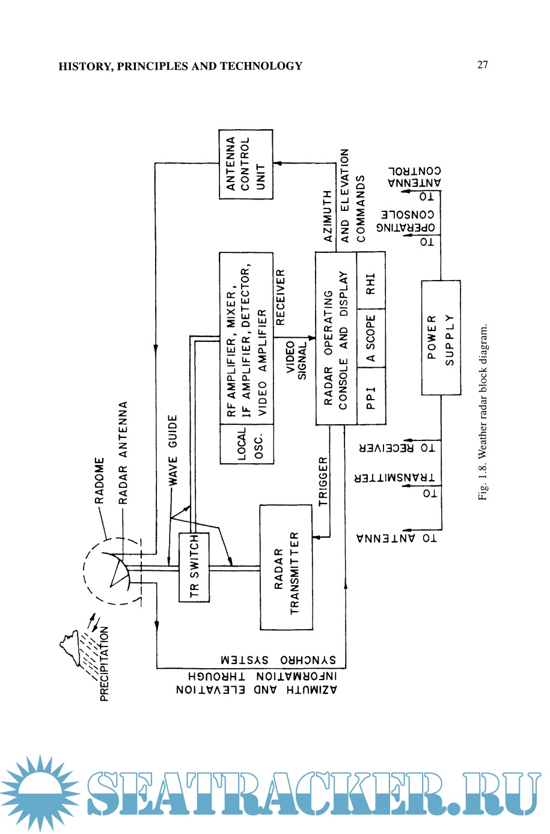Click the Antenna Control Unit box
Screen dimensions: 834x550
pyautogui.click(x=245, y=164)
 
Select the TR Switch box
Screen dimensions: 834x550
pyautogui.click(x=194, y=567)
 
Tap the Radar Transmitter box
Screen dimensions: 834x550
pyautogui.click(x=286, y=567)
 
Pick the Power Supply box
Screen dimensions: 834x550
pyautogui.click(x=441, y=337)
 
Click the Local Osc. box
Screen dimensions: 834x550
pyautogui.click(x=246, y=444)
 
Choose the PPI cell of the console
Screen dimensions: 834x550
pyautogui.click(x=371, y=397)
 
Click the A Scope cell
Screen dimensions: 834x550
pyautogui.click(x=371, y=338)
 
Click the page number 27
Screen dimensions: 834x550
pyautogui.click(x=483, y=65)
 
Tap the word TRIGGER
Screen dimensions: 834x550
pyautogui.click(x=323, y=481)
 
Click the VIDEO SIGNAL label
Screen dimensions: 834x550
pyautogui.click(x=296, y=360)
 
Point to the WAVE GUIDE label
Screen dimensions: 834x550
pyautogui.click(x=173, y=449)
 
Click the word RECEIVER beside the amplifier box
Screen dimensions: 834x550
pyautogui.click(x=280, y=298)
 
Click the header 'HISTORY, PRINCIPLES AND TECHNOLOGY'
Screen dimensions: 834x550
pyautogui.click(x=180, y=66)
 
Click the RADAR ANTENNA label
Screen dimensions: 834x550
pyautogui.click(x=123, y=452)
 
